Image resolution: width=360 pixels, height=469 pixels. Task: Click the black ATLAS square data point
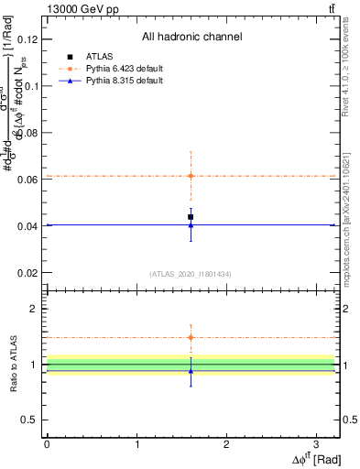coord(191,217)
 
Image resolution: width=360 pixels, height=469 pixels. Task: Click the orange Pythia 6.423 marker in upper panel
coord(191,176)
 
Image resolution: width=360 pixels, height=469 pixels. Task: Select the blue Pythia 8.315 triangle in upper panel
coord(191,224)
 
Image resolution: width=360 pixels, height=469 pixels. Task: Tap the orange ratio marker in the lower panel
coord(191,337)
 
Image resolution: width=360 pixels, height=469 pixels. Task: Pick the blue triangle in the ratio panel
coord(191,370)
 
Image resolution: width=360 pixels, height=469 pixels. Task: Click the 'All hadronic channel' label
coord(191,38)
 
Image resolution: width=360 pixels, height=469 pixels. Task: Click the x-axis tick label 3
coord(316,443)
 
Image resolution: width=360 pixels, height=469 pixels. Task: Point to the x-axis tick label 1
coord(136,443)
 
